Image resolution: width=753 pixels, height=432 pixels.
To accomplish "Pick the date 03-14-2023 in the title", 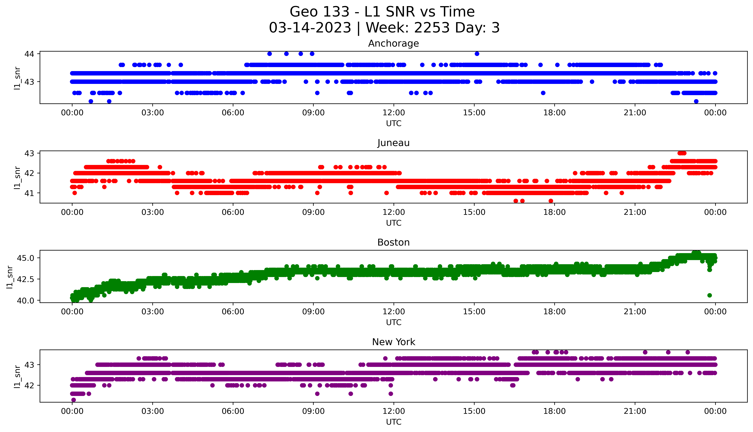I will point(310,28).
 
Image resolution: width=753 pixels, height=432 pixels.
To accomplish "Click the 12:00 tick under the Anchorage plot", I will point(394,113).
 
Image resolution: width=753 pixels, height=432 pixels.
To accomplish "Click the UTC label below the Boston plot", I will point(394,322).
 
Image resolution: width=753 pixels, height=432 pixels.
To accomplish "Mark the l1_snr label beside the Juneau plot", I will point(17,177).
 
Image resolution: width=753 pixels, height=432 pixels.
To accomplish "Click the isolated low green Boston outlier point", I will point(709,295).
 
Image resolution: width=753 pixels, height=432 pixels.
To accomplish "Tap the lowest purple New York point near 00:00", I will point(73,400).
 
